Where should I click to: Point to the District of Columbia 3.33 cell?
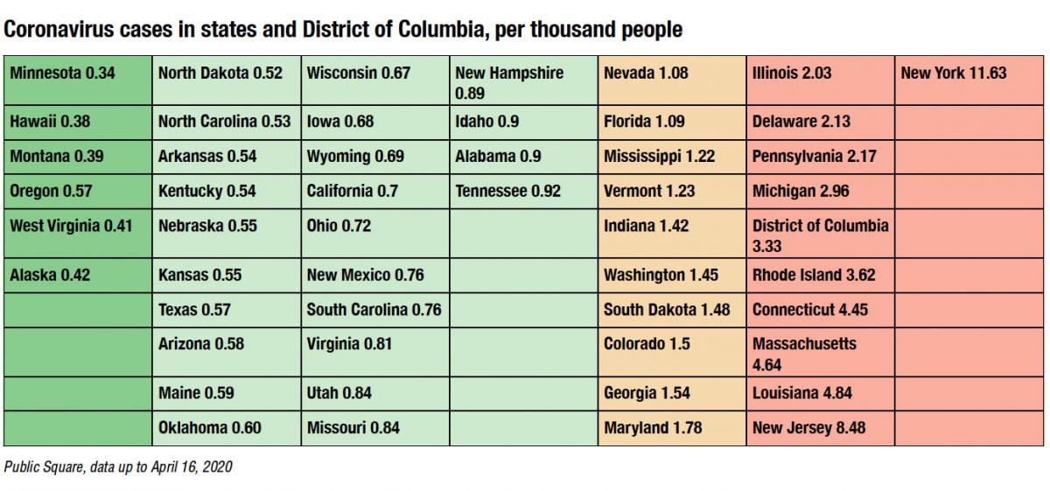pos(820,235)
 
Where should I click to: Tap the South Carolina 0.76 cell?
pos(374,310)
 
